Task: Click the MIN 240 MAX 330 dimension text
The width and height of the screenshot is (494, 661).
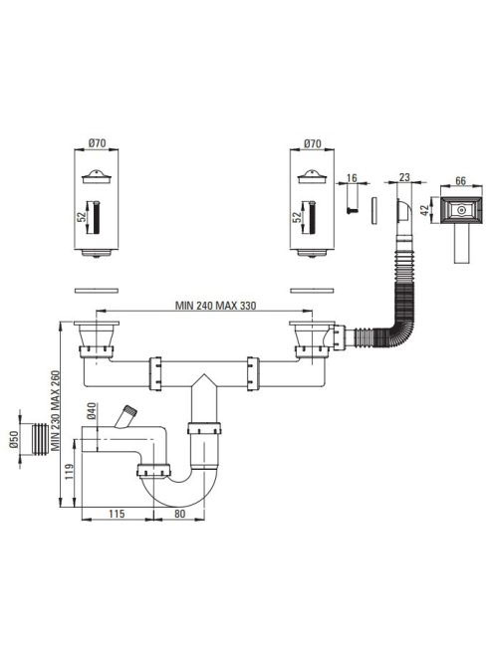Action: tap(215, 306)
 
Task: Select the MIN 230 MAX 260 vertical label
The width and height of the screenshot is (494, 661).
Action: tap(56, 411)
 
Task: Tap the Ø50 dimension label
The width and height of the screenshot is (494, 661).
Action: tap(13, 441)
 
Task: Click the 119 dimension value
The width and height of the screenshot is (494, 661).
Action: tap(70, 471)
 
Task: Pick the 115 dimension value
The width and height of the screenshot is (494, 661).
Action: tap(117, 514)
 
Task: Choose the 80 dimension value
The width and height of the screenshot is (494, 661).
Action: tap(179, 514)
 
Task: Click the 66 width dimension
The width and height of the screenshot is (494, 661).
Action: tap(461, 180)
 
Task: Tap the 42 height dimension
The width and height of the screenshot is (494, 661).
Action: tap(428, 209)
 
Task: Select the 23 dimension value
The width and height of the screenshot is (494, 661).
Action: tap(404, 177)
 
